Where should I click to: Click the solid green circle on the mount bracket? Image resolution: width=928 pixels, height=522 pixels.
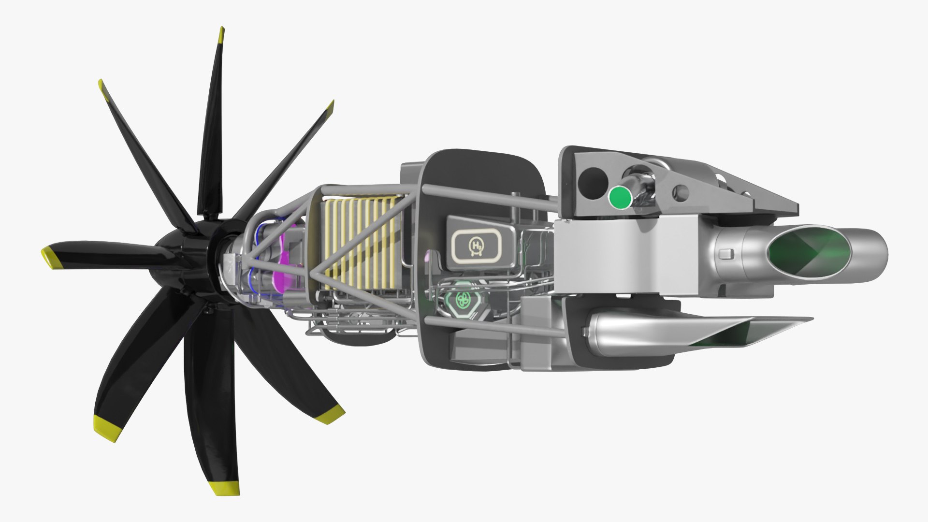[620, 198]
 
